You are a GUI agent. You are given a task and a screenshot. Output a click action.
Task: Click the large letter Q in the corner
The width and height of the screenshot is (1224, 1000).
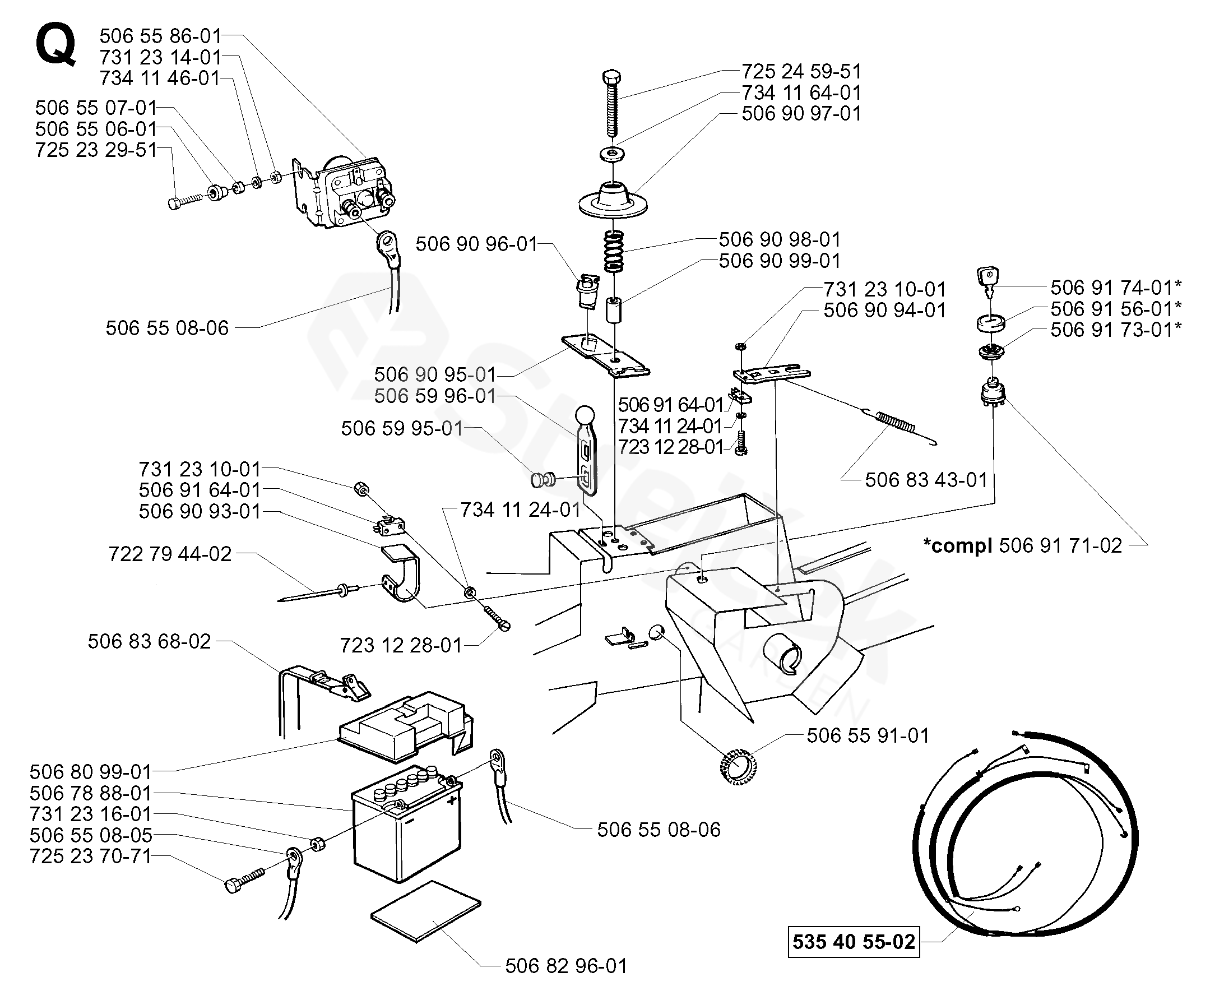[x=55, y=46]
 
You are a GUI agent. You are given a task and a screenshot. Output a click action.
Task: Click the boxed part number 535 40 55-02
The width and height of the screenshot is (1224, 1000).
[x=853, y=941]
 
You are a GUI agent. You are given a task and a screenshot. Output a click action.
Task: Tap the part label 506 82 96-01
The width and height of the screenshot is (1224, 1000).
[x=565, y=965]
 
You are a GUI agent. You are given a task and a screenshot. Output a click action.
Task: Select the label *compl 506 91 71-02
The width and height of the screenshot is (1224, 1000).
[x=1022, y=545]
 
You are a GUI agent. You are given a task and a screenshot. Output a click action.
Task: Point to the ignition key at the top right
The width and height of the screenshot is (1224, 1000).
[x=987, y=279]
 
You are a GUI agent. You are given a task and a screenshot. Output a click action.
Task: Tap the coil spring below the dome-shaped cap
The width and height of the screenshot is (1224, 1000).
[x=614, y=251]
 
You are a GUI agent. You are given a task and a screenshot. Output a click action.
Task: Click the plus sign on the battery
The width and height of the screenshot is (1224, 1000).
[x=452, y=799]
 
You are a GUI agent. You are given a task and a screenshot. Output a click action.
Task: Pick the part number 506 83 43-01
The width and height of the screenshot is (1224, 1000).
[x=926, y=480]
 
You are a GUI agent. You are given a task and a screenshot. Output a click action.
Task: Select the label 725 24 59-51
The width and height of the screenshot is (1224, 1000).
[x=801, y=71]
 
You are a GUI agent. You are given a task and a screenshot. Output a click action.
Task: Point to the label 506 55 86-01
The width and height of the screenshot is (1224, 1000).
[x=160, y=36]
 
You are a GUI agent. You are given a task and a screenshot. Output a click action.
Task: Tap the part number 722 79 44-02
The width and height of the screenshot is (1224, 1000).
[x=170, y=554]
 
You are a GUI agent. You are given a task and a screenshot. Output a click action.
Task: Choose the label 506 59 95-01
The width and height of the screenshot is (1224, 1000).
[x=402, y=428]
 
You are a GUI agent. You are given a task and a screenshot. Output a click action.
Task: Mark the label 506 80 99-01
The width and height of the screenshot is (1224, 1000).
[x=90, y=771]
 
